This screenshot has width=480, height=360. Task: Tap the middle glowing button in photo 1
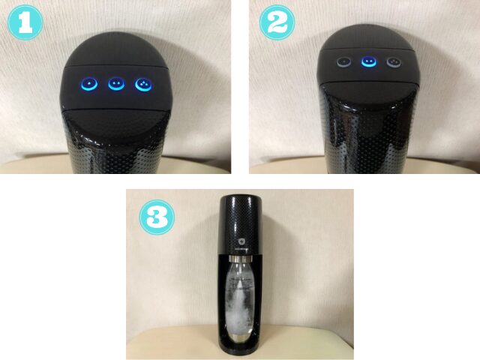tap(115, 84)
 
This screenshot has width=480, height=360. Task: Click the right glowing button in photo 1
tap(142, 84)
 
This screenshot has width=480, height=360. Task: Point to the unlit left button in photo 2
tap(343, 62)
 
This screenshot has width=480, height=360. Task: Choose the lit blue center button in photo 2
tap(367, 62)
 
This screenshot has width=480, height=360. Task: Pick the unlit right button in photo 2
tap(392, 62)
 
